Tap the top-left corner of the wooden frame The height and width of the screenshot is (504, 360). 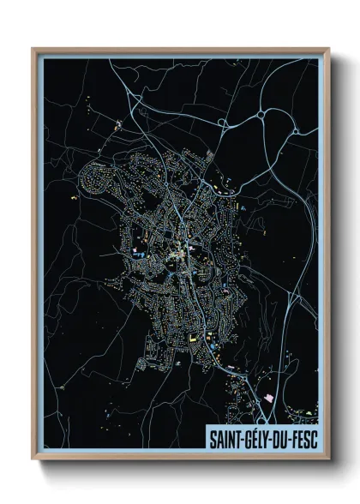pos(33,49)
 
